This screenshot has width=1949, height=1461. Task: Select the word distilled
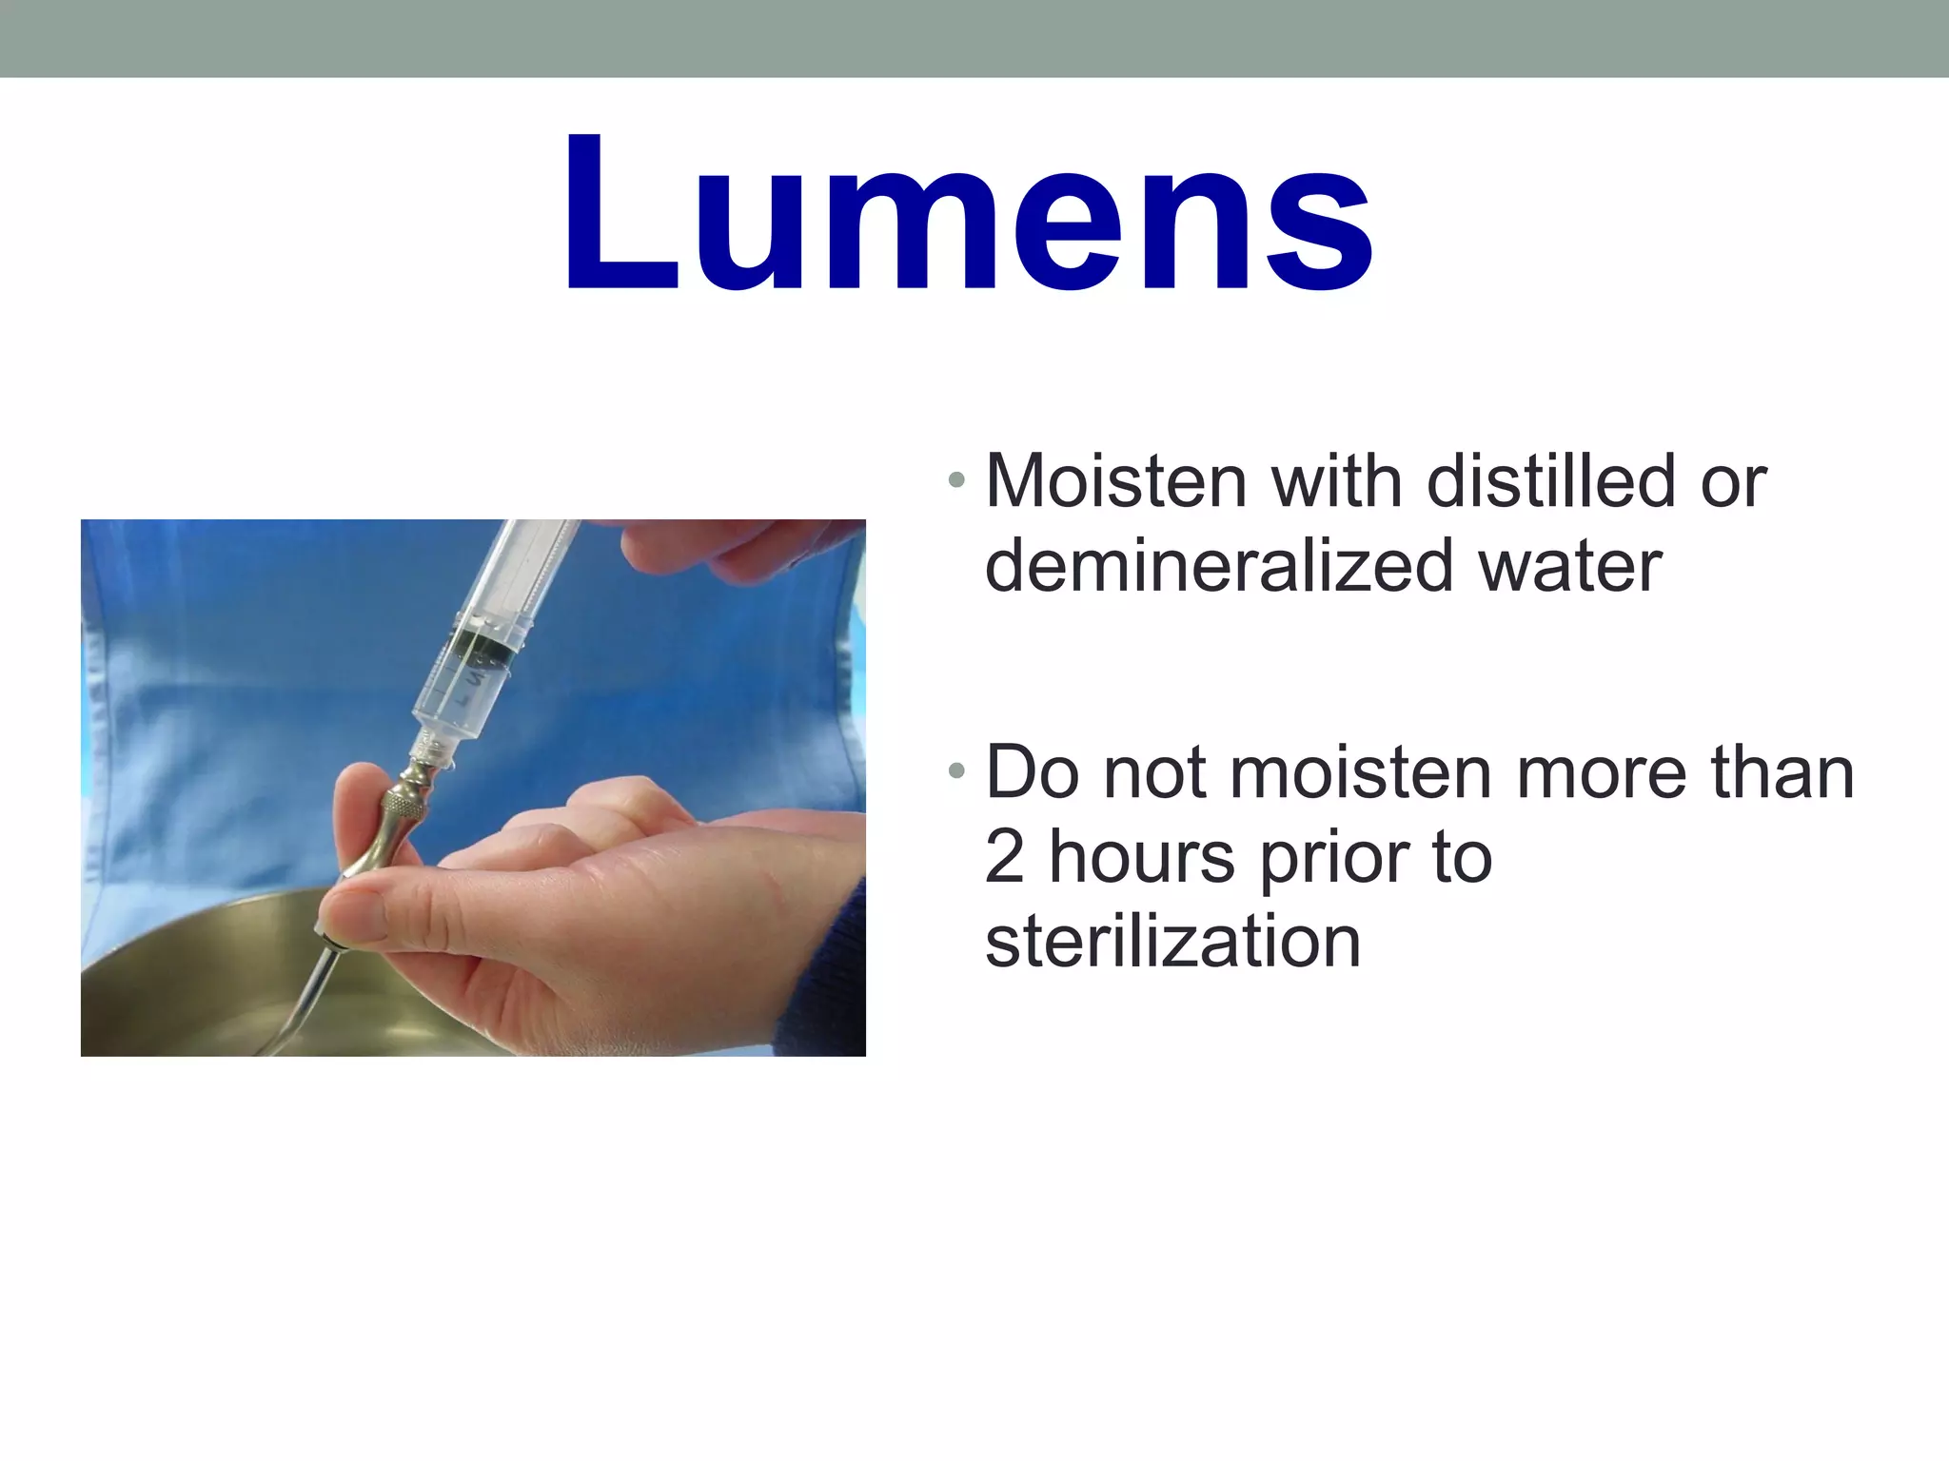tap(1550, 481)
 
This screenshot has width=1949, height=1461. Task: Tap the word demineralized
tap(1218, 567)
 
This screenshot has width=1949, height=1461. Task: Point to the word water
tap(1570, 567)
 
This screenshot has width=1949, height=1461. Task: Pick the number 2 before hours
tap(1004, 857)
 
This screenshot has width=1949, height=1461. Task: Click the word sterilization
tap(1172, 942)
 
